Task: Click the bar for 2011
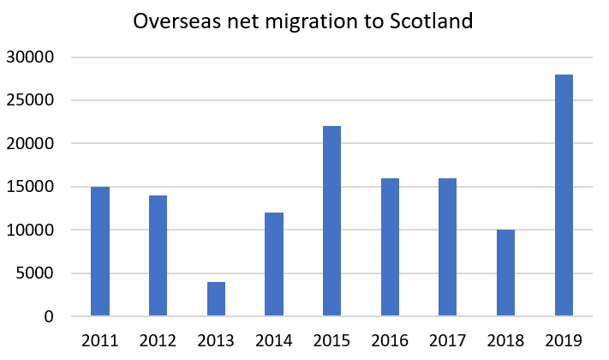[100, 251]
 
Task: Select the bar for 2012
[158, 255]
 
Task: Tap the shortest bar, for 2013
[216, 298]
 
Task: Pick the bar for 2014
[274, 264]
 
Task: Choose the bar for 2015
[331, 221]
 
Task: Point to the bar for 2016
[390, 247]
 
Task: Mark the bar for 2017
[447, 247]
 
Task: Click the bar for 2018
[505, 273]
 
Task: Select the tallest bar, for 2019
[564, 195]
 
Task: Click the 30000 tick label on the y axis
[30, 57]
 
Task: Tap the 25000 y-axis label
[30, 100]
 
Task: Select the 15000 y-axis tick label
[30, 187]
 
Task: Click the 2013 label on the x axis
[216, 340]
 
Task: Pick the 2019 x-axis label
[564, 340]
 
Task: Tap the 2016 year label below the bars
[390, 340]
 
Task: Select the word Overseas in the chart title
[170, 21]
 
